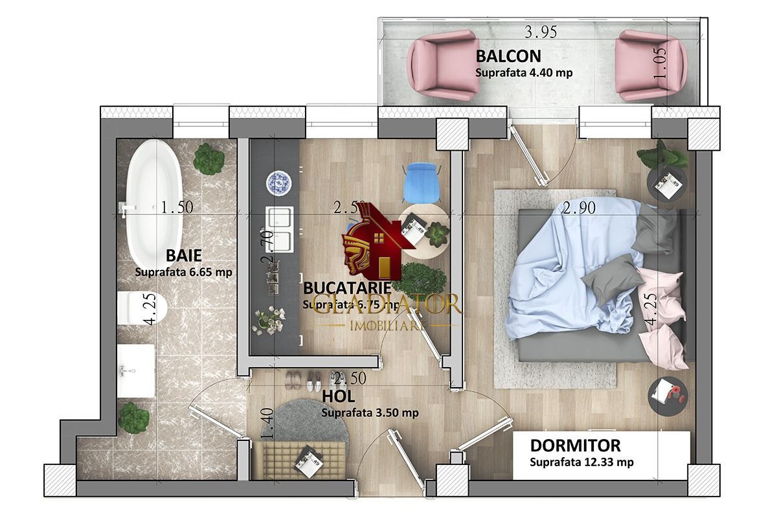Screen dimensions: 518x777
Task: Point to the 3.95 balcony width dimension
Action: coord(541,30)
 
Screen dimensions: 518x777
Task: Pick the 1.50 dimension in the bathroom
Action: coord(177,208)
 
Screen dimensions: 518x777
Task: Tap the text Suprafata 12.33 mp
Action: coord(581,462)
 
